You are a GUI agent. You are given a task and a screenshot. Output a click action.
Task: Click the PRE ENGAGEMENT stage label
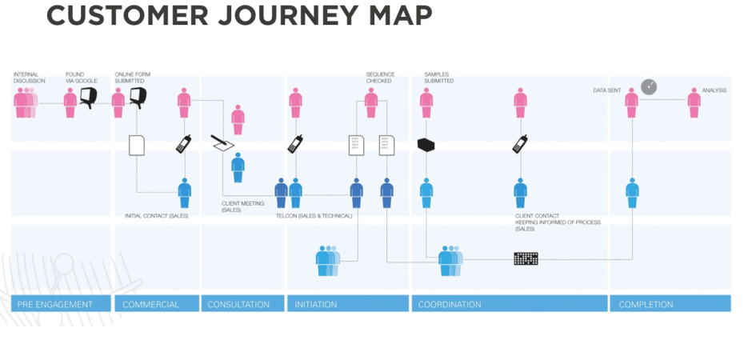point(55,304)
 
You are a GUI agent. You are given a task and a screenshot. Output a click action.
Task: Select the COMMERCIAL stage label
point(150,304)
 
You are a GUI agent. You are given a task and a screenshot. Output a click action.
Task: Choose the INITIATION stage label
point(316,304)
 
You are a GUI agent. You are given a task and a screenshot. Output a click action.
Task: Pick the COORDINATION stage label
point(450,304)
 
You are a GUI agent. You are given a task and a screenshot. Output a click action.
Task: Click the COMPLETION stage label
point(646,304)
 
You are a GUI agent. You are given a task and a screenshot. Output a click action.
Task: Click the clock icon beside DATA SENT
point(649,86)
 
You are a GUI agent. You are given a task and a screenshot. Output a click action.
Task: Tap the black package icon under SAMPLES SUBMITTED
point(426,145)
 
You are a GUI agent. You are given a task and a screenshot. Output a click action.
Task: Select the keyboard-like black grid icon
point(526,258)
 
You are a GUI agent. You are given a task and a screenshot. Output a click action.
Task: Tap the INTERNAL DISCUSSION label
point(30,78)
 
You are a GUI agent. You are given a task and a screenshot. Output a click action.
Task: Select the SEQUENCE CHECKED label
point(381,78)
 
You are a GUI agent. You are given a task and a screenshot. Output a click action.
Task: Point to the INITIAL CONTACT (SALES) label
point(157,215)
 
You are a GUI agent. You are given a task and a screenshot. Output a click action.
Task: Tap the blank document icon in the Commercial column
point(137,145)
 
